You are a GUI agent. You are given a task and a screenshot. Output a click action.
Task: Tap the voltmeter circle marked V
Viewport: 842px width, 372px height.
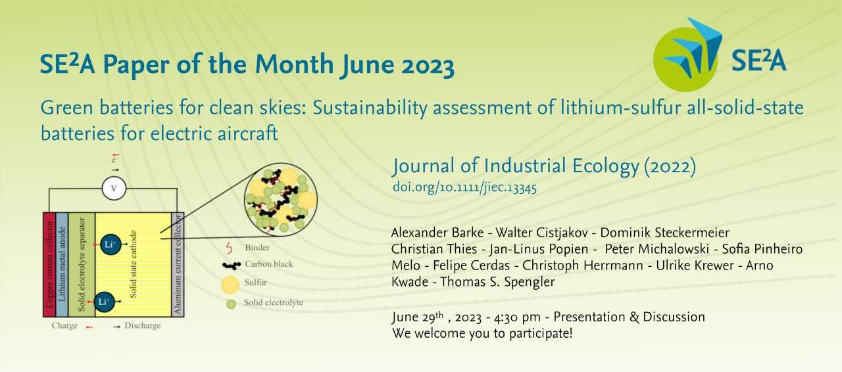point(114,188)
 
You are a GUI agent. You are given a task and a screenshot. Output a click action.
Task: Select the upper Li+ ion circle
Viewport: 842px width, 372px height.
point(111,244)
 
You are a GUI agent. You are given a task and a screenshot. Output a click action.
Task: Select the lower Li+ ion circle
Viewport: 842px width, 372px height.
point(104,302)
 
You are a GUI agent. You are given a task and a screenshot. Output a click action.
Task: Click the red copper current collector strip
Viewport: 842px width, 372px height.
point(49,265)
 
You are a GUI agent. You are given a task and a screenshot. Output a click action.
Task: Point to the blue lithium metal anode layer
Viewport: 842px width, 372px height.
point(62,265)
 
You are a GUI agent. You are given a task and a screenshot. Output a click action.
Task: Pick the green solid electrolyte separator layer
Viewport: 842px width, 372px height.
point(82,265)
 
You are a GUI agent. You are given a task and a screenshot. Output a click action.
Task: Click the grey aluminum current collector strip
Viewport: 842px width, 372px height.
point(178,265)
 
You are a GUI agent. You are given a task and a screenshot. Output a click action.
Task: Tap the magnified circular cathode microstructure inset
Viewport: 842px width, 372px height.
point(281,200)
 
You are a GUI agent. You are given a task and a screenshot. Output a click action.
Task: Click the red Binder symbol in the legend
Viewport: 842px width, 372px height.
point(229,248)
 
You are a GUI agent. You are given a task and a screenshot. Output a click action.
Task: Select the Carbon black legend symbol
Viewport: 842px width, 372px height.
point(231,266)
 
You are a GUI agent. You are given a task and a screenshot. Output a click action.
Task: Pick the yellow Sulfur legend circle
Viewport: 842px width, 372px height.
point(230,285)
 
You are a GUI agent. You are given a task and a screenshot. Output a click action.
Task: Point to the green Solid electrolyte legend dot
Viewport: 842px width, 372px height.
point(231,304)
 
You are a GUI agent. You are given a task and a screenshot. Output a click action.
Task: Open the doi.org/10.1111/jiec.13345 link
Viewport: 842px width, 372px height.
point(464,187)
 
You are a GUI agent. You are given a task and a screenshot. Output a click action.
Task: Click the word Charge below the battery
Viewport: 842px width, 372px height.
point(64,325)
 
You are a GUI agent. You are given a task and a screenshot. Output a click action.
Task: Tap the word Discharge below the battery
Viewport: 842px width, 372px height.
point(143,325)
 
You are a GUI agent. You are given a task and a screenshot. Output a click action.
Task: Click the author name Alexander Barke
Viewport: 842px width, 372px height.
point(437,233)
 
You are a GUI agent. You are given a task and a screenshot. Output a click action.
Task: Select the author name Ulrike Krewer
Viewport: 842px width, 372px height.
point(695,266)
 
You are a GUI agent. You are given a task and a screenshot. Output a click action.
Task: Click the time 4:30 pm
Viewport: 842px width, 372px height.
point(517,317)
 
